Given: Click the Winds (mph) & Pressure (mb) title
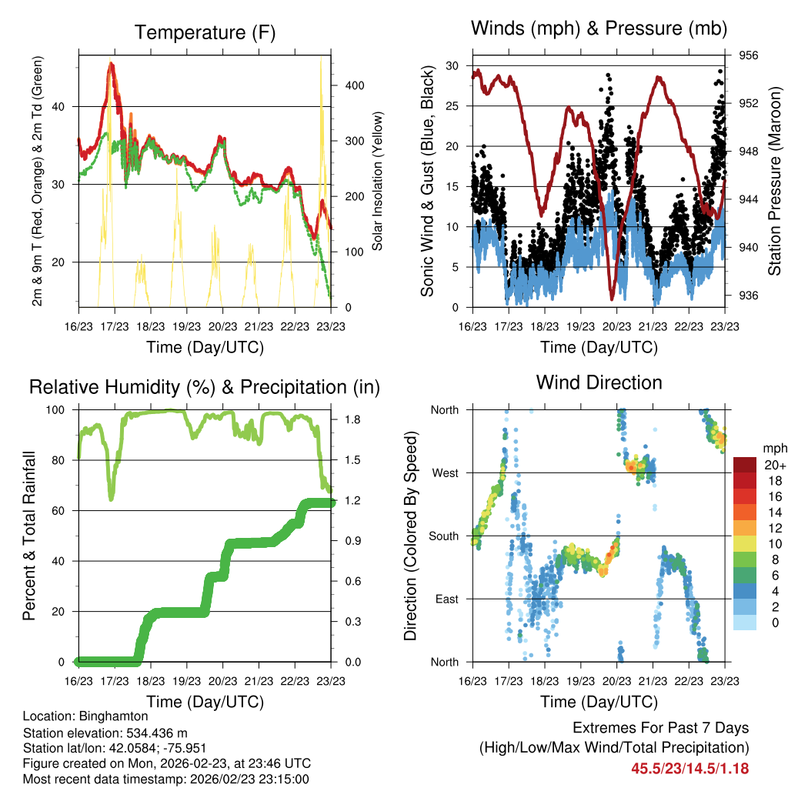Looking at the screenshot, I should [x=599, y=28].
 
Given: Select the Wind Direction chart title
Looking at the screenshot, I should [x=599, y=382].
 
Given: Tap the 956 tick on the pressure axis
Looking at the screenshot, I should [x=749, y=55].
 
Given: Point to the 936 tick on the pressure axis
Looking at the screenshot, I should [x=749, y=295].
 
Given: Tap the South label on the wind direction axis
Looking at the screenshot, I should [x=445, y=536].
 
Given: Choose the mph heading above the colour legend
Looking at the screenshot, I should [x=773, y=449].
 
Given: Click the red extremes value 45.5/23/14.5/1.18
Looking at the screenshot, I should [x=690, y=768].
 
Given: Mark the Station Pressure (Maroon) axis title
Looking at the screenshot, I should [x=775, y=181].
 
